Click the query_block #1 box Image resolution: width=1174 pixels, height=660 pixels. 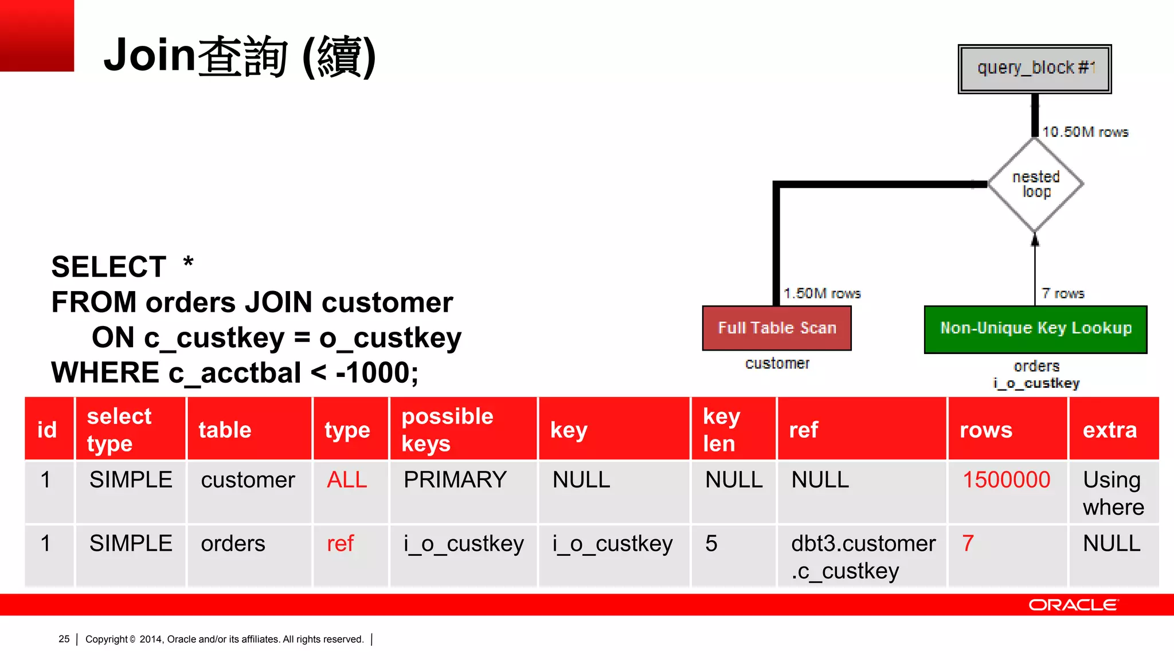pyautogui.click(x=1035, y=69)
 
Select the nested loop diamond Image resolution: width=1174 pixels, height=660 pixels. pyautogui.click(x=1036, y=184)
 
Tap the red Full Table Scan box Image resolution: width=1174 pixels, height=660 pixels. pyautogui.click(x=777, y=328)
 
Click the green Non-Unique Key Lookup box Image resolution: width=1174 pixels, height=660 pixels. pyautogui.click(x=1035, y=329)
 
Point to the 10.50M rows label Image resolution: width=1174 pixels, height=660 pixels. pyautogui.click(x=1085, y=132)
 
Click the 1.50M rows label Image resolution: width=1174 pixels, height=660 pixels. pyautogui.click(x=822, y=293)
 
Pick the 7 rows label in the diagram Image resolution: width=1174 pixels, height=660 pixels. pyautogui.click(x=1063, y=293)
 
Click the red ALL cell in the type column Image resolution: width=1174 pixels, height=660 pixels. pyautogui.click(x=347, y=480)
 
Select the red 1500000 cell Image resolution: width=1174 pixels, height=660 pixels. pyautogui.click(x=1006, y=480)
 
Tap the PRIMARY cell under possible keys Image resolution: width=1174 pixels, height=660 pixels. pyautogui.click(x=455, y=480)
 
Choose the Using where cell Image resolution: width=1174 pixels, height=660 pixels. pyautogui.click(x=1113, y=493)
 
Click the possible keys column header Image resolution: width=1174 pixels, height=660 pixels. pyautogui.click(x=447, y=430)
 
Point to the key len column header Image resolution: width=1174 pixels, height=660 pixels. pyautogui.click(x=722, y=430)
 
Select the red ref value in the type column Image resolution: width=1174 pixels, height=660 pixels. pyautogui.click(x=341, y=544)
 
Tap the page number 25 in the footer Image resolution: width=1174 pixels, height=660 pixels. pyautogui.click(x=64, y=639)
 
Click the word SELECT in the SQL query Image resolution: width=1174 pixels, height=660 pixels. pyautogui.click(x=109, y=267)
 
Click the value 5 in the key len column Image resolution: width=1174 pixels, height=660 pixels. pyautogui.click(x=711, y=544)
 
